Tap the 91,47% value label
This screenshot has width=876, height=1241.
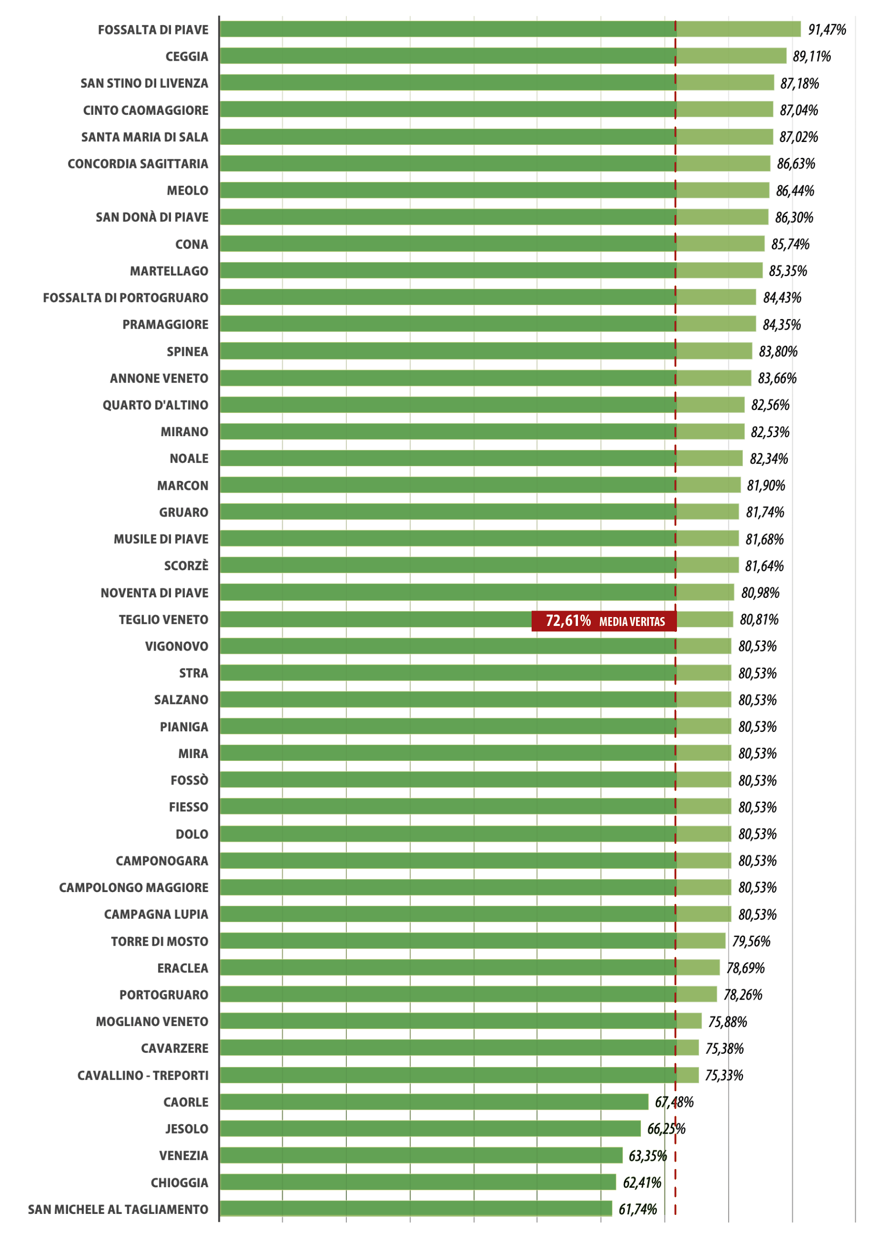826,30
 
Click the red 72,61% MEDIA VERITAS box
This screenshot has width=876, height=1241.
604,621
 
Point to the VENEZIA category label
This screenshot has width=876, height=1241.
183,1156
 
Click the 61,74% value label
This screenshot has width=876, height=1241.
638,1209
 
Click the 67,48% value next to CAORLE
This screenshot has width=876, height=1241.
674,1102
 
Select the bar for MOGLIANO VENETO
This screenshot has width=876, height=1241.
460,1022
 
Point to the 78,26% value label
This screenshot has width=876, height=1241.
742,995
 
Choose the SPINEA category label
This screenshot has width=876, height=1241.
187,351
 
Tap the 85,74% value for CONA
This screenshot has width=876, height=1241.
790,244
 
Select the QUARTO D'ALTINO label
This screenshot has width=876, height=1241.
155,405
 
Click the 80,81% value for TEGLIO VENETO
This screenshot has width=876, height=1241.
759,620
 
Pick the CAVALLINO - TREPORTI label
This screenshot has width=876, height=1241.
143,1075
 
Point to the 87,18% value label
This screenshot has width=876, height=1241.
799,83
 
